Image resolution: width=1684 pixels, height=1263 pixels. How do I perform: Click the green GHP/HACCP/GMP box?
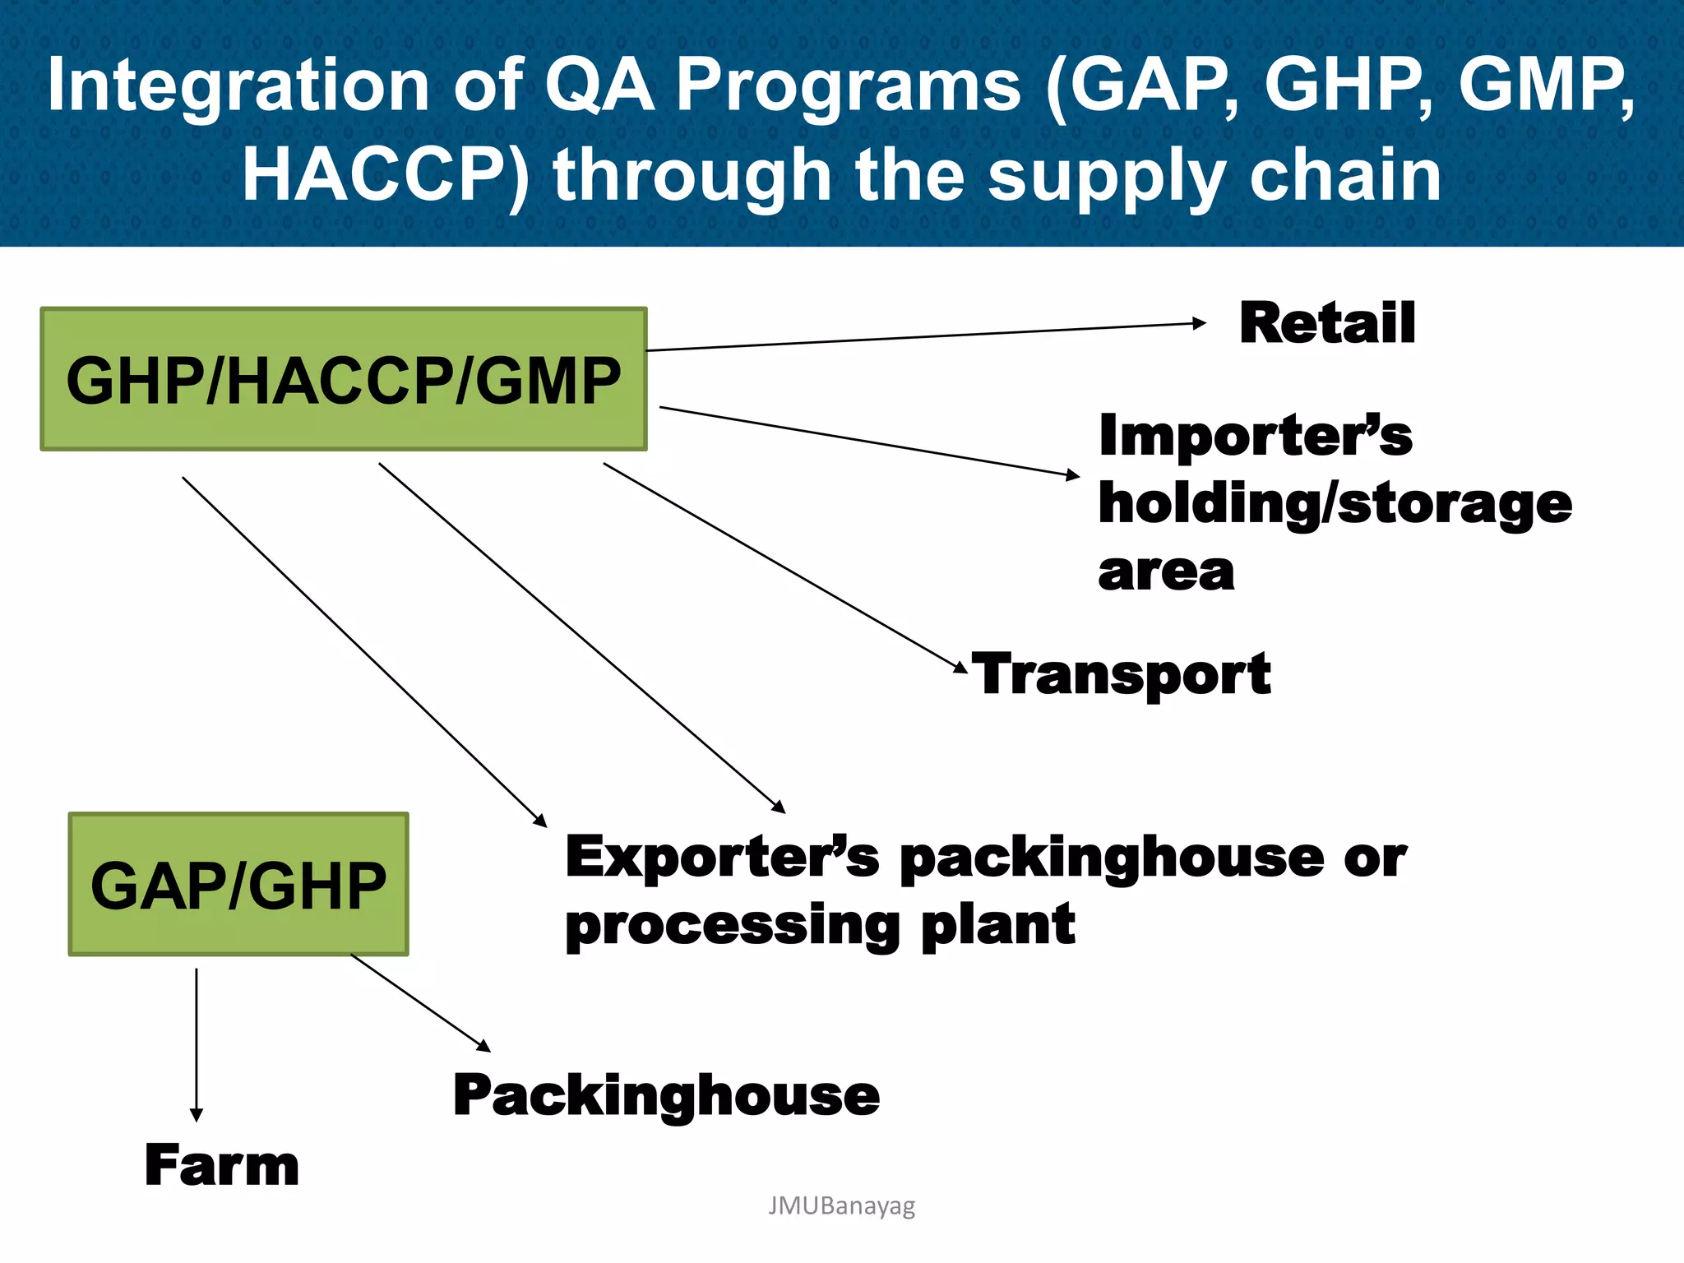344,379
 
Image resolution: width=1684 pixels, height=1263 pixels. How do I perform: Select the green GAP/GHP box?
238,884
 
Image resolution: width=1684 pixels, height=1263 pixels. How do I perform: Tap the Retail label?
1327,323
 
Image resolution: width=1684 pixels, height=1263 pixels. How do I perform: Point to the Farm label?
222,1165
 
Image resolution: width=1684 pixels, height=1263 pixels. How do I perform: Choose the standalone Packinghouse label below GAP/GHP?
666,1096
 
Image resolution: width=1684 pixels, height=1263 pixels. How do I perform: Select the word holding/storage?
1335,503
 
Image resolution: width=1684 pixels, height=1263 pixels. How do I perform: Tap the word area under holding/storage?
1166,571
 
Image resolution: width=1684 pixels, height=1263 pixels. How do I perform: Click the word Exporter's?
722,857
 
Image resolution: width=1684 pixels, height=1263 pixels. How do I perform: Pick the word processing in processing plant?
732,926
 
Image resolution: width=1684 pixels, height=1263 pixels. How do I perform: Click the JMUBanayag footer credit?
841,1205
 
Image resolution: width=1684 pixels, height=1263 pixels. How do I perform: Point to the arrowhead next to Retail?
1200,323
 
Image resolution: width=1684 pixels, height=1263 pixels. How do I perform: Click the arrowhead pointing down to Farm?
196,1114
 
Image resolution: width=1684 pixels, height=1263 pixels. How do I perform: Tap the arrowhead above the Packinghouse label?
483,1046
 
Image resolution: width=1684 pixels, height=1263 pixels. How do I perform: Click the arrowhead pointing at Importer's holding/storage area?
1072,474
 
